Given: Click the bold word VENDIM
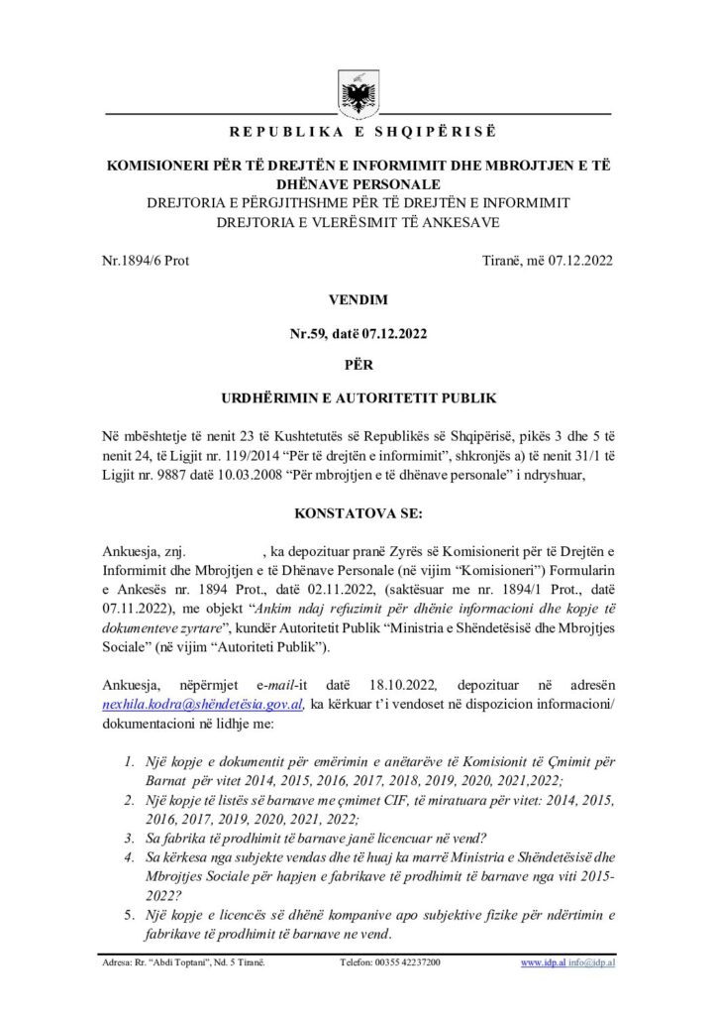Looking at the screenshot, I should [x=358, y=296].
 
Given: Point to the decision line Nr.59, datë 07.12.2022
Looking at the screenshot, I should [x=358, y=332].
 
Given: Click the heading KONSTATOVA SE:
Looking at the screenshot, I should [x=358, y=514].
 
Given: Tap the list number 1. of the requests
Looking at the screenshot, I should [x=128, y=761].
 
